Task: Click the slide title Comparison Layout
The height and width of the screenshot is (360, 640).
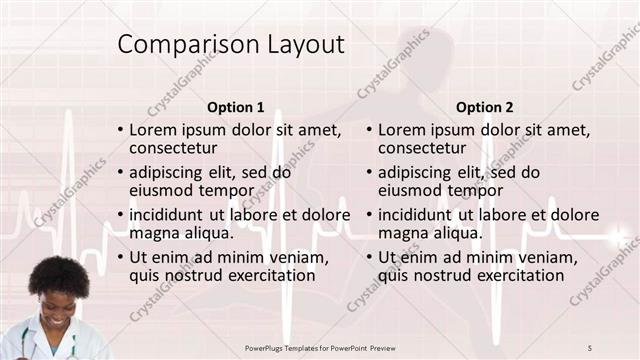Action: [231, 45]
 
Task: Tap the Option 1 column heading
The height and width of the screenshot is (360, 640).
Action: [236, 107]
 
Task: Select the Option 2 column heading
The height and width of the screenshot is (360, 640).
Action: [486, 107]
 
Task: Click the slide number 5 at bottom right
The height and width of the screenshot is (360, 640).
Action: [590, 347]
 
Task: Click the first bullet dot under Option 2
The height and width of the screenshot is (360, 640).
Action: [370, 131]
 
